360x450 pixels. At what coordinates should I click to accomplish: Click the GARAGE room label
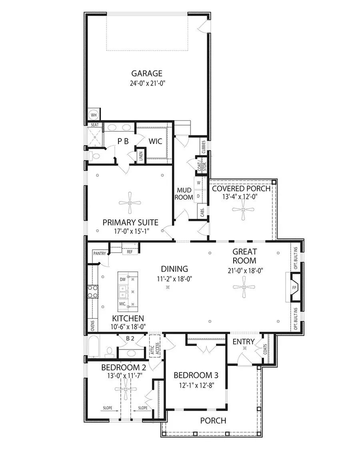pos(147,73)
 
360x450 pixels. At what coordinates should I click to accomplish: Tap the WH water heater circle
pos(94,115)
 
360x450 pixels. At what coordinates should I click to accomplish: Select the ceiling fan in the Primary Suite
pos(130,202)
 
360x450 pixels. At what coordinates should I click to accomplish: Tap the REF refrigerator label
pos(130,252)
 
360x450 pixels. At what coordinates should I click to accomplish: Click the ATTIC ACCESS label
pos(154,346)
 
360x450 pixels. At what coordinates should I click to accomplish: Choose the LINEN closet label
pos(141,156)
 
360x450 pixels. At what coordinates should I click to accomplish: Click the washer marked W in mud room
pos(198,182)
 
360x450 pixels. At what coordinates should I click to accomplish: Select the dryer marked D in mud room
pos(198,196)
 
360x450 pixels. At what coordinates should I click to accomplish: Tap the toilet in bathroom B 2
pos(109,352)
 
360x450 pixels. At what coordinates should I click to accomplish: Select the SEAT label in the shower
pos(95,125)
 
